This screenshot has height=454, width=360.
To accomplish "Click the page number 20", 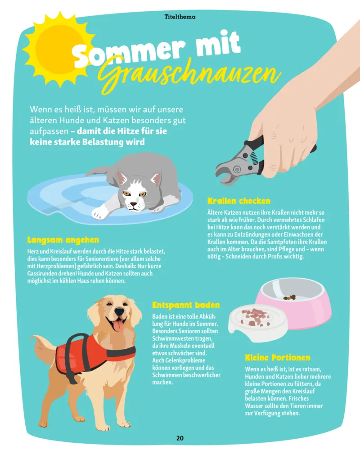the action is click(180, 438).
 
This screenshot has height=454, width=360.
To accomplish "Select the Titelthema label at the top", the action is click(180, 17).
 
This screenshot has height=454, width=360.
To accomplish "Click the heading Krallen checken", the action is click(238, 201).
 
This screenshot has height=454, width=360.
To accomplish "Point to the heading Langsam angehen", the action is click(63, 240).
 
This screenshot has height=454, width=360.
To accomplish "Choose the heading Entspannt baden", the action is click(186, 305).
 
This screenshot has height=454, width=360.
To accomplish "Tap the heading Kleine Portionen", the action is click(278, 358).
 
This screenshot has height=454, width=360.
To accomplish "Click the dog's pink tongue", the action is click(118, 326).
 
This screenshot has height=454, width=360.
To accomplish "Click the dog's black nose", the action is click(119, 311).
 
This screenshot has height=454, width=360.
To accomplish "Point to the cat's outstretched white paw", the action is click(100, 213).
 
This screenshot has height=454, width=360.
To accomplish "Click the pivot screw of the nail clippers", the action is click(237, 169).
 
